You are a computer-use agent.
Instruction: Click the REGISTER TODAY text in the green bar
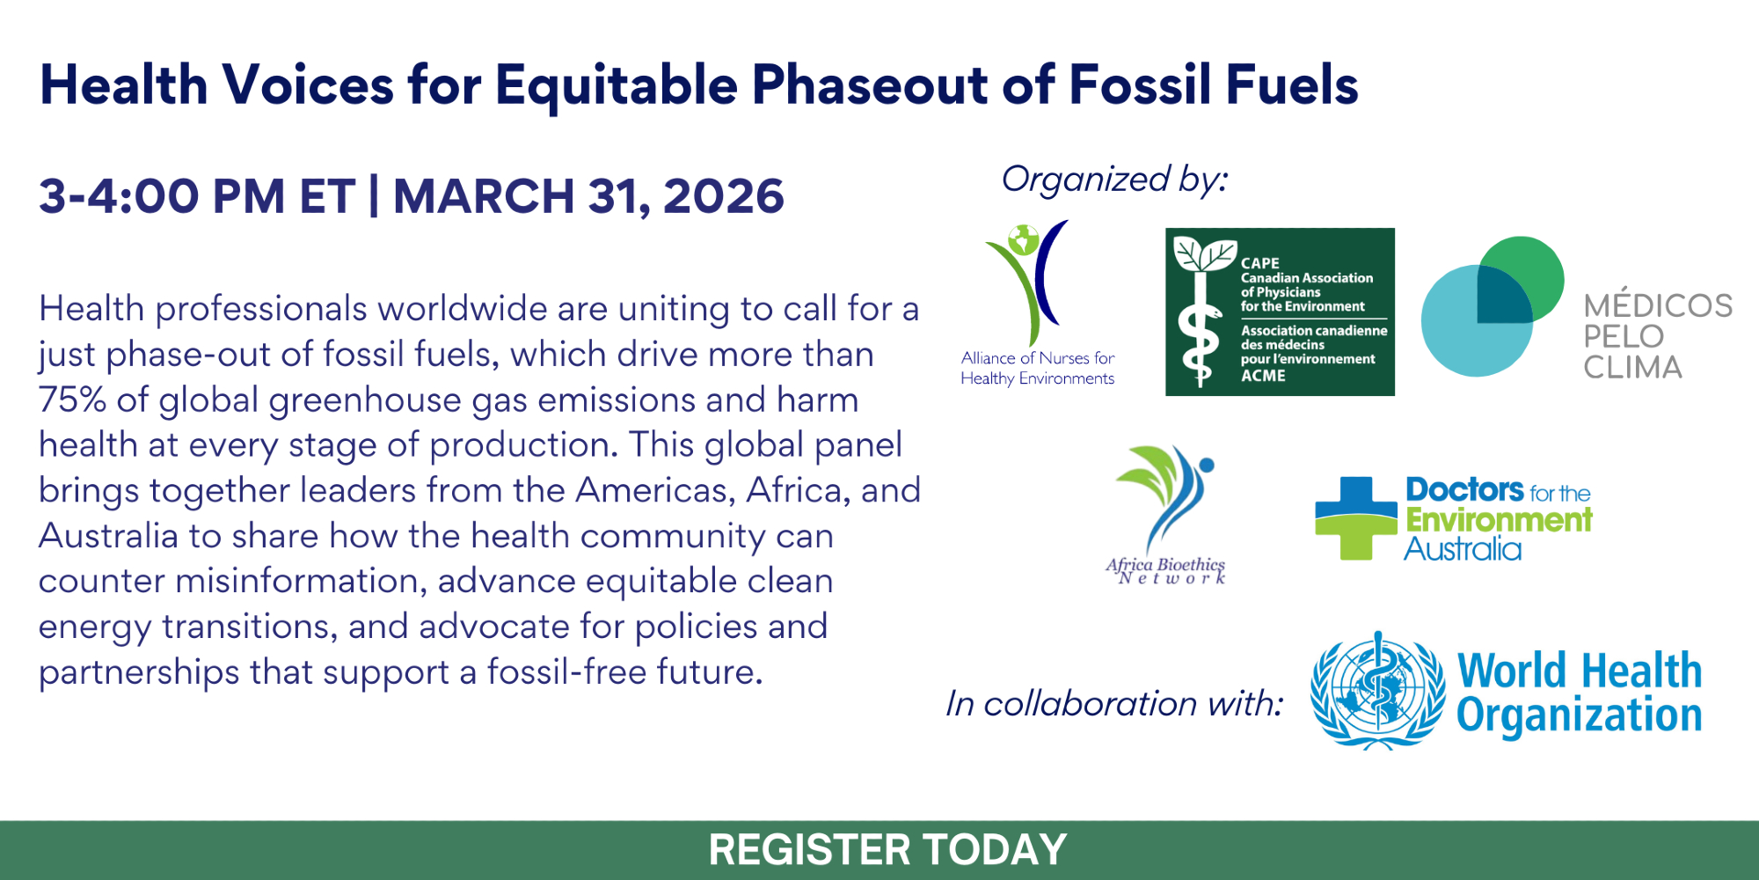[x=887, y=850]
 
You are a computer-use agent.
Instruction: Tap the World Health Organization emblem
[x=1377, y=691]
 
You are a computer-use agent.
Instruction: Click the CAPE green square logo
[x=1280, y=312]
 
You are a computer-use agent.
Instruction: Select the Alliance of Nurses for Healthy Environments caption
[x=1038, y=368]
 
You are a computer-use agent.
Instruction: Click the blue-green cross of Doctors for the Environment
[x=1355, y=518]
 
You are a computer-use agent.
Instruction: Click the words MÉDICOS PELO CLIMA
[x=1658, y=336]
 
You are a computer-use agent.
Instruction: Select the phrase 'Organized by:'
[x=1114, y=180]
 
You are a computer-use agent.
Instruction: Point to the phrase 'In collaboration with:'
[x=1114, y=703]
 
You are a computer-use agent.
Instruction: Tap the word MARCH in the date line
[x=484, y=195]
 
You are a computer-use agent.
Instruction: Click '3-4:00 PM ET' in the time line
[x=197, y=195]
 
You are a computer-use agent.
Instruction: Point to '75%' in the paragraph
[x=72, y=400]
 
